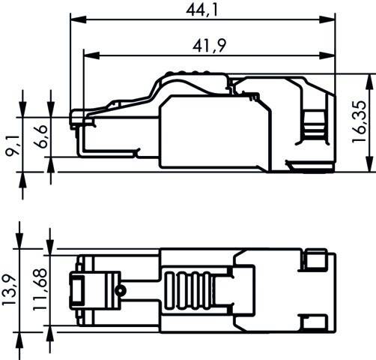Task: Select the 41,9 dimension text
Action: tap(212, 46)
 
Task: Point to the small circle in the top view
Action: tap(118, 289)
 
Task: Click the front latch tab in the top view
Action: tap(77, 289)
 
